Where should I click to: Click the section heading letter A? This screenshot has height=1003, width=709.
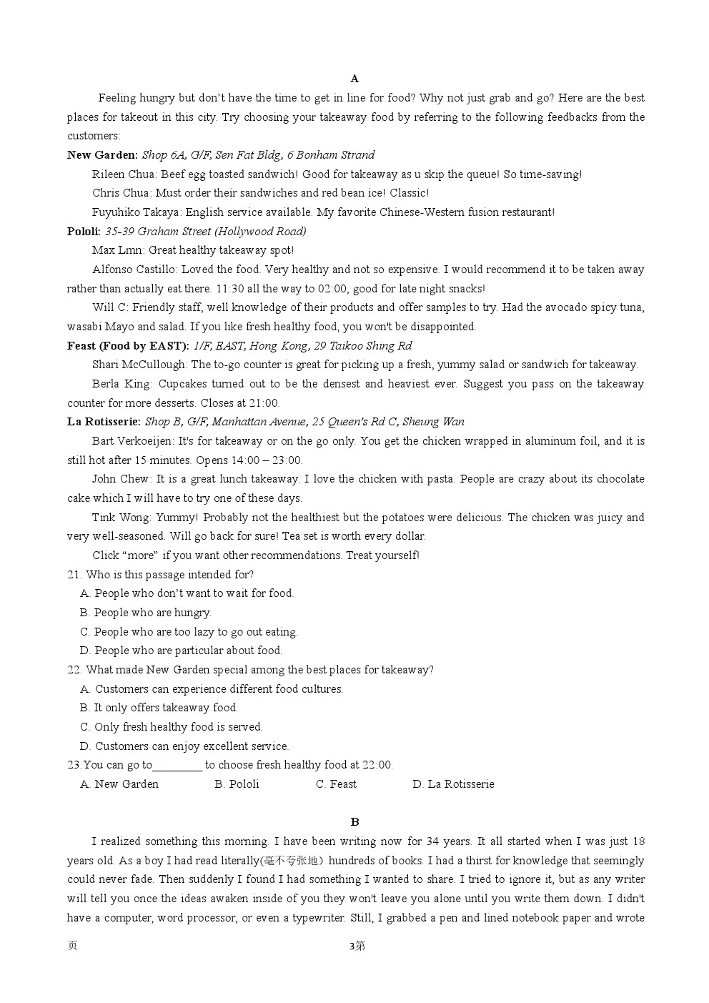coord(354,79)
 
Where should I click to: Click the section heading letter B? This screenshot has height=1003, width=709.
coord(354,822)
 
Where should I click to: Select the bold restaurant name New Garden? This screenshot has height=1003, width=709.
coord(103,155)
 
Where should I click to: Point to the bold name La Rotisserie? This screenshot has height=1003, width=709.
coord(104,422)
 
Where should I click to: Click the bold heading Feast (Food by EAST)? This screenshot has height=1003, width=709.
coord(129,346)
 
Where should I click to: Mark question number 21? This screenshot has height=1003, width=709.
coord(74,575)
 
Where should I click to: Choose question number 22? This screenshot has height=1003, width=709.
coord(74,670)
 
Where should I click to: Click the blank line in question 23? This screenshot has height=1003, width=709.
coord(177,766)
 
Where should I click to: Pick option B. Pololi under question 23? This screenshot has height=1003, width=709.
coord(237,784)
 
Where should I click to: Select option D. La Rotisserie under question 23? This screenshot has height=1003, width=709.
coord(453,784)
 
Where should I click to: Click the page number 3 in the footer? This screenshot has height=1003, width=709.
coord(351,947)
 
